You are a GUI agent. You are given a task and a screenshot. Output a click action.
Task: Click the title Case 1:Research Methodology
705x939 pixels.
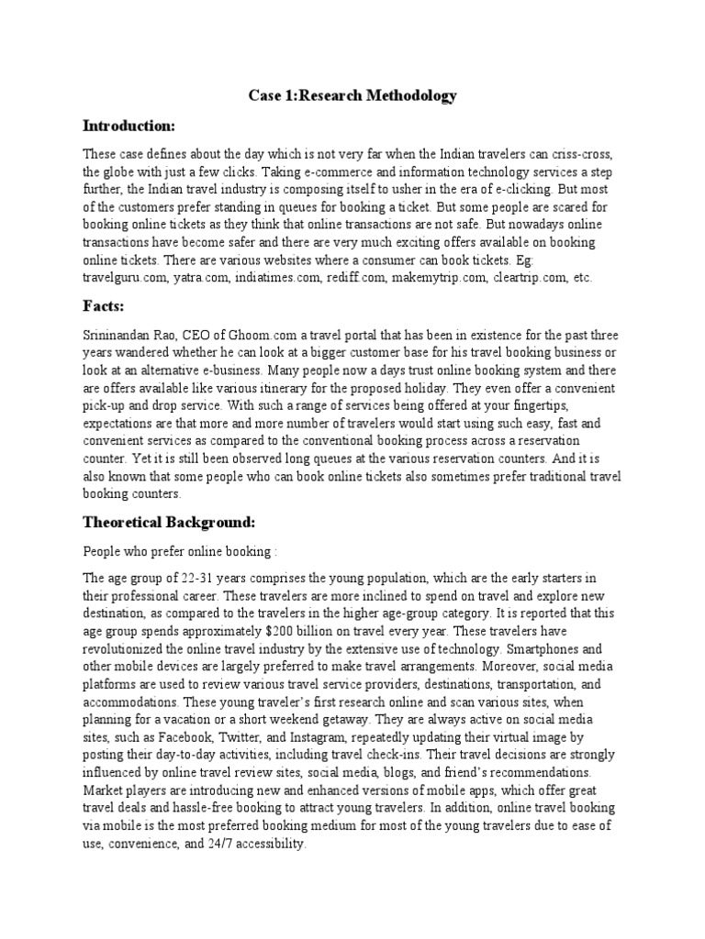coord(353,96)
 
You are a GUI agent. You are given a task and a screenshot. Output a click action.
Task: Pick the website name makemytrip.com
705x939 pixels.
coord(442,277)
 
